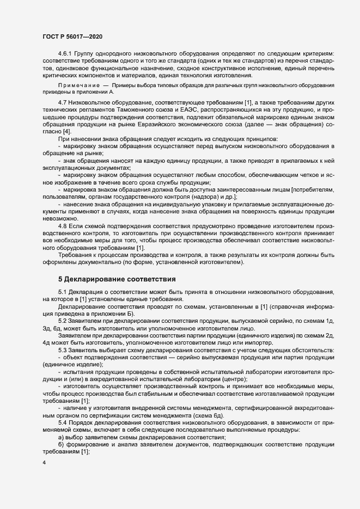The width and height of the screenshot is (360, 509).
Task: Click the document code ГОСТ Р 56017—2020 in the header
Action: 72,36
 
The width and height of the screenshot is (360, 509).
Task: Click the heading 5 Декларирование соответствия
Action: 117,280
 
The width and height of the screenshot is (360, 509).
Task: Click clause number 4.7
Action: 62,103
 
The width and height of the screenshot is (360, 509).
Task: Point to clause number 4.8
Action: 62,226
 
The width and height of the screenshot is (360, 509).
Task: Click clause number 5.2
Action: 62,323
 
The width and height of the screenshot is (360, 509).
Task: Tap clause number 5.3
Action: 62,352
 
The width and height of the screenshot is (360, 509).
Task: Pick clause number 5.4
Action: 62,423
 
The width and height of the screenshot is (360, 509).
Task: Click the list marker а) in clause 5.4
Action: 61,438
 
